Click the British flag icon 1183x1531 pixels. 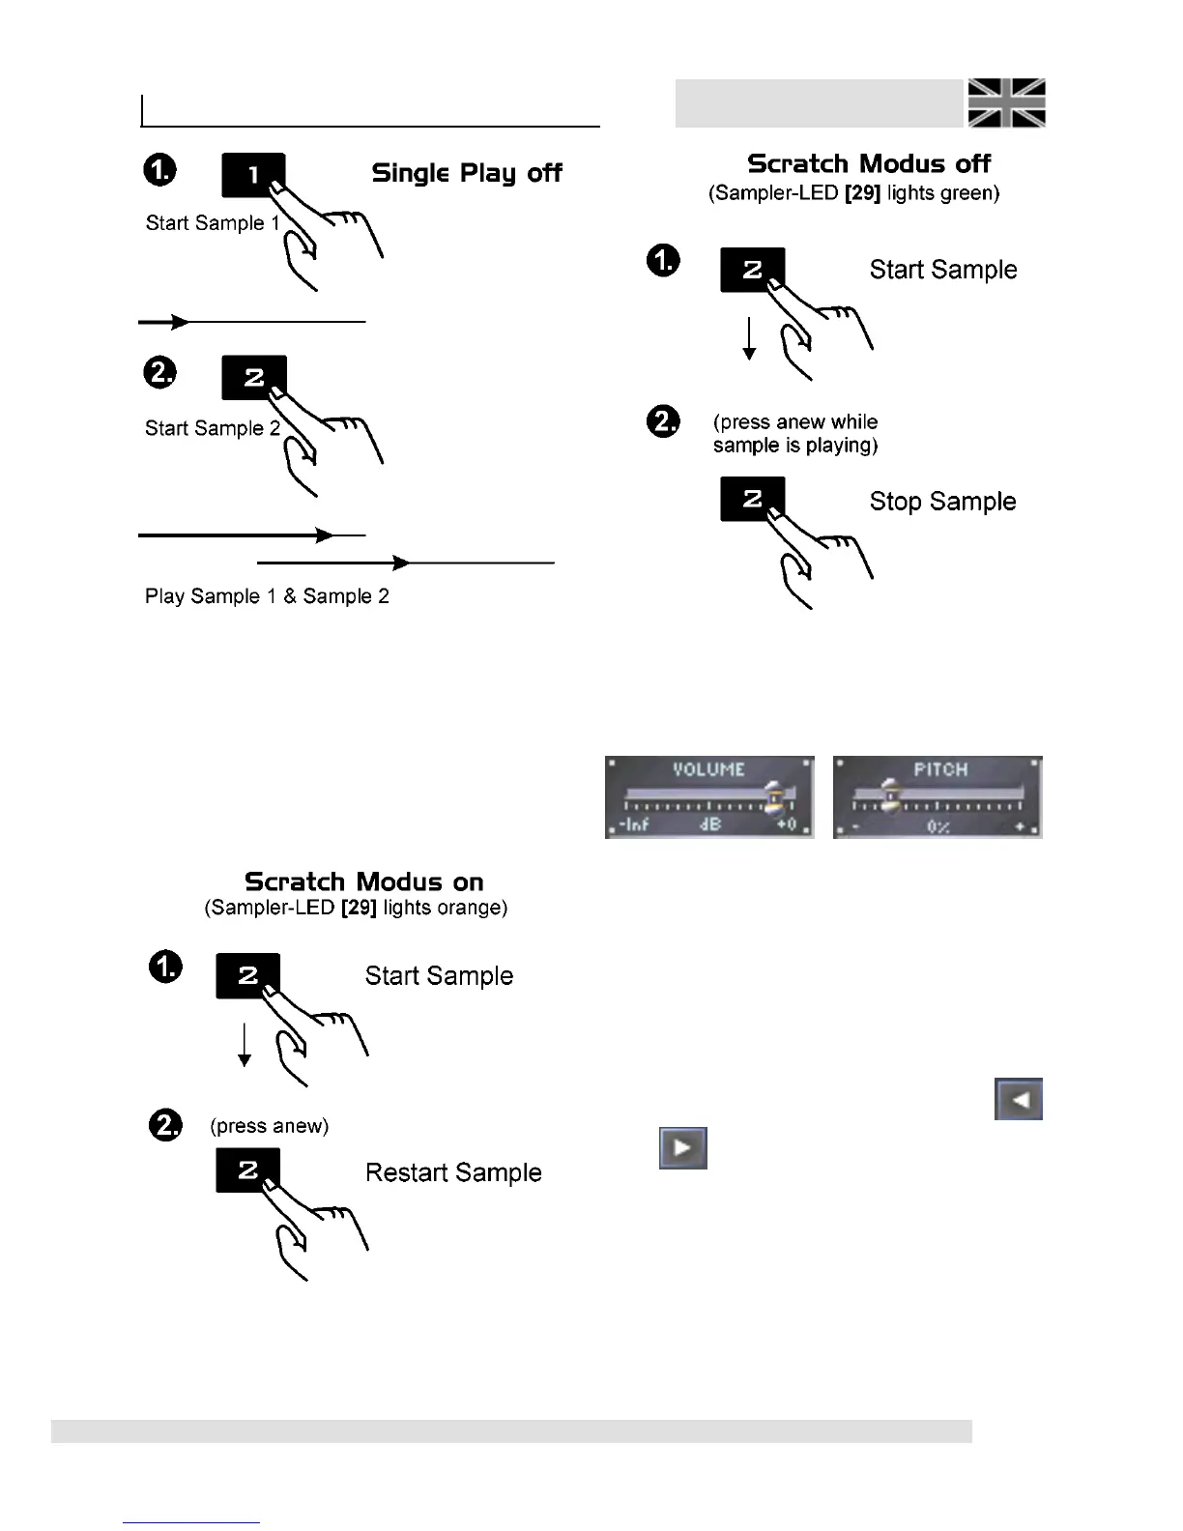[1006, 102]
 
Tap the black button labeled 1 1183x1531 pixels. [252, 175]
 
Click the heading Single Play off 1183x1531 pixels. [467, 173]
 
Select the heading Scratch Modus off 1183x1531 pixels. [869, 163]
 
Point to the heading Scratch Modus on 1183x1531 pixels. [363, 881]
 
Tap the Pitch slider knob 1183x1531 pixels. [890, 795]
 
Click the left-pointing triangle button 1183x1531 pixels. [1019, 1099]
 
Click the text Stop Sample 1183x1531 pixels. [942, 502]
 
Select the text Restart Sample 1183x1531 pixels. [453, 1172]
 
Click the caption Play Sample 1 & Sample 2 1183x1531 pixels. [267, 596]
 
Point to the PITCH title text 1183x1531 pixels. [940, 769]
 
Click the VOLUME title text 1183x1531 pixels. [708, 769]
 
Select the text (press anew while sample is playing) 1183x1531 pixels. [795, 434]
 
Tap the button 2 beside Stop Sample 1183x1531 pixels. [751, 499]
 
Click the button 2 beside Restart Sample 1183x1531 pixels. [246, 1170]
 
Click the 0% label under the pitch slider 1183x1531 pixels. [938, 827]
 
